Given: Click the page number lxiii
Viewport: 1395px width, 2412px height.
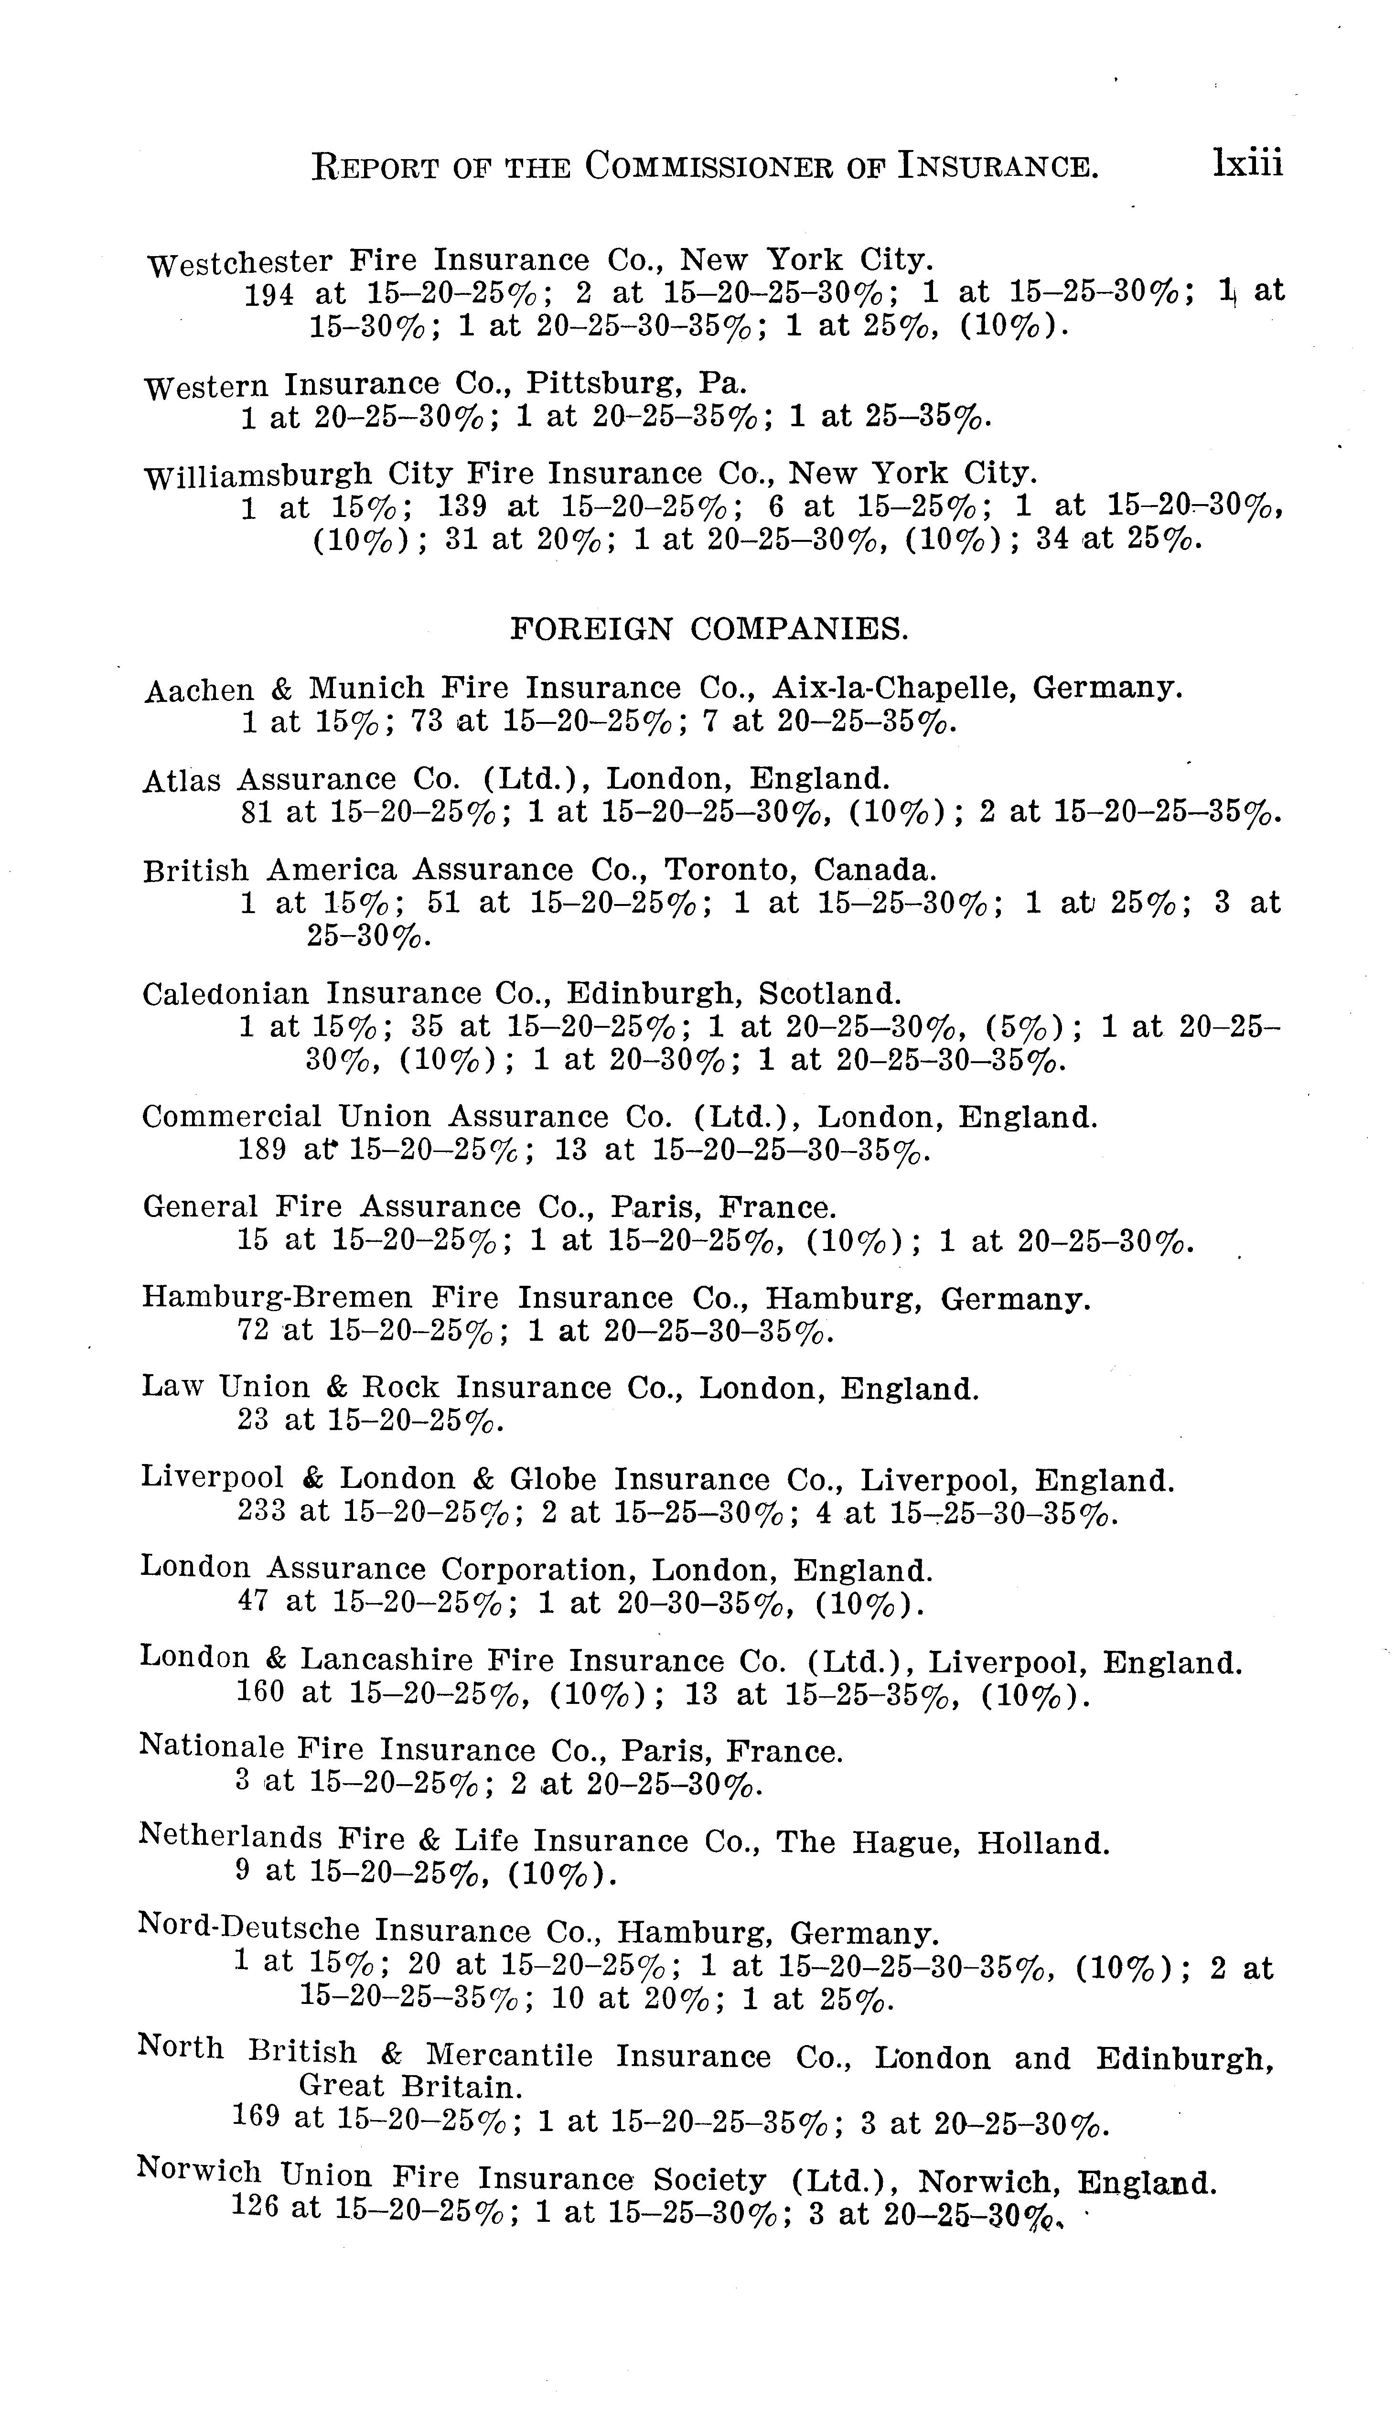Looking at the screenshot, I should pyautogui.click(x=1246, y=163).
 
